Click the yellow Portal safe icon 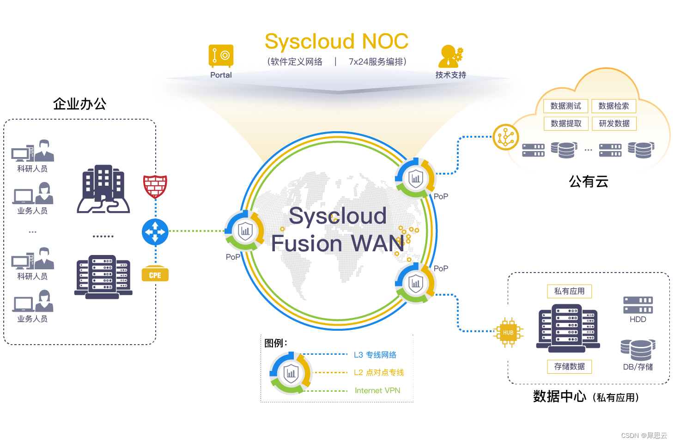point(221,56)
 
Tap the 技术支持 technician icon point(450,56)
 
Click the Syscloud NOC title point(336,42)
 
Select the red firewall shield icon point(155,186)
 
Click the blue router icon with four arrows point(155,232)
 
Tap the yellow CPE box point(155,274)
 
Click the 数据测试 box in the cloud point(565,106)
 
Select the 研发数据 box point(614,124)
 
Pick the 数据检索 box point(613,106)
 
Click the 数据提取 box point(566,124)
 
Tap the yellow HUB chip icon point(508,332)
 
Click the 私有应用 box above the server point(569,291)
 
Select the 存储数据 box point(569,367)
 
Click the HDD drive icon point(638,305)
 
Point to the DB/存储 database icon point(638,350)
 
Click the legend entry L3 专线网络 point(375,355)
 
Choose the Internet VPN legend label point(377,391)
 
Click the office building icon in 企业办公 point(103,189)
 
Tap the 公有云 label point(589,182)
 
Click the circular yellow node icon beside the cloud point(506,137)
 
